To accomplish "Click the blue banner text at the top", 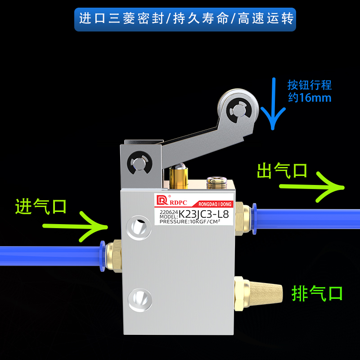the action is (185, 19).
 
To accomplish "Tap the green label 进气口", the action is (41, 207).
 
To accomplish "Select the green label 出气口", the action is (282, 171).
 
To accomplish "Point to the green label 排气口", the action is (317, 293).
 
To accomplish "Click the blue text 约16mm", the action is (310, 97).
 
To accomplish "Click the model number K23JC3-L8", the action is (207, 213).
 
